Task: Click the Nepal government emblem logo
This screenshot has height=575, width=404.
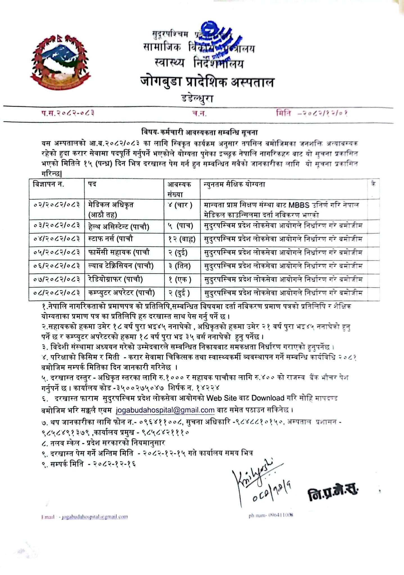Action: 60,62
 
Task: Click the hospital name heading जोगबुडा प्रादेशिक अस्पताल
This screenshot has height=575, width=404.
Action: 207,82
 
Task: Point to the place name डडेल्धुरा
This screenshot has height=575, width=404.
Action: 197,99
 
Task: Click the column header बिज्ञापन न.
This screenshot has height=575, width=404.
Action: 48,184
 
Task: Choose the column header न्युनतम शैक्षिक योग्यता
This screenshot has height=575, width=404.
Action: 234,184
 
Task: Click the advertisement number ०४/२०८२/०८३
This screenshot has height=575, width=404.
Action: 56,239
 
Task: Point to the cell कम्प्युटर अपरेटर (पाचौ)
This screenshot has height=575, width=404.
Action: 121,293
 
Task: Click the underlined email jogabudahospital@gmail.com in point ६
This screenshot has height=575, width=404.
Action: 165,410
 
